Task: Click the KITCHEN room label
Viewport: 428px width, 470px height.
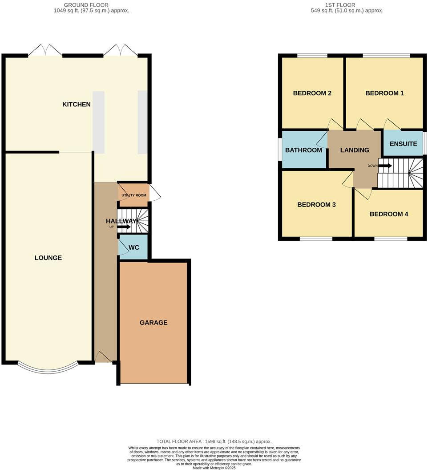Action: tap(77, 105)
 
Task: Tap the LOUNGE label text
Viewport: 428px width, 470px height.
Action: tap(48, 258)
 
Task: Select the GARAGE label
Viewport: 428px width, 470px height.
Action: tap(153, 323)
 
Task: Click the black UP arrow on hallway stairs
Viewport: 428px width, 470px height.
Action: tap(124, 227)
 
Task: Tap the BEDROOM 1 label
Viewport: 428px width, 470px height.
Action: tap(384, 93)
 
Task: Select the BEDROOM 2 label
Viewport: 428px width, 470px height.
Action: tap(312, 93)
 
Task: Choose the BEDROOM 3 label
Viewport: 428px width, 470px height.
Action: tap(316, 205)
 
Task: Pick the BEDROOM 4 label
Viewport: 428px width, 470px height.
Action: tap(389, 214)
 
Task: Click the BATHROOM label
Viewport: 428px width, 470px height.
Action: tap(303, 150)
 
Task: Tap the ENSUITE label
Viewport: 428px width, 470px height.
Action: tap(403, 144)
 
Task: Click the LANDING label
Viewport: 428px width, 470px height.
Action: tap(355, 150)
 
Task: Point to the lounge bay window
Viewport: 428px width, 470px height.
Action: tap(48, 369)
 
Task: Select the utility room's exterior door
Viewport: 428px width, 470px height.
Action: tap(155, 193)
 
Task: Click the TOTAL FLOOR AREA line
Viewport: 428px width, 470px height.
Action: tap(214, 442)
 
